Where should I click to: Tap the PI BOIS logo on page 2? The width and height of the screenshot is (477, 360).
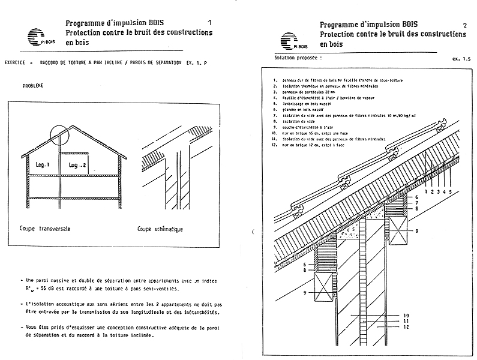(291, 40)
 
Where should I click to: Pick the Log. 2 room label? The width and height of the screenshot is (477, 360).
(77, 164)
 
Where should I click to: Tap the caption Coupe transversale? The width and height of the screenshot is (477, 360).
(45, 229)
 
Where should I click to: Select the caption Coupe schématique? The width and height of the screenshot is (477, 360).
(160, 229)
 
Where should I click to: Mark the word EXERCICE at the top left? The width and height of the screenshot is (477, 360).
(17, 62)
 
